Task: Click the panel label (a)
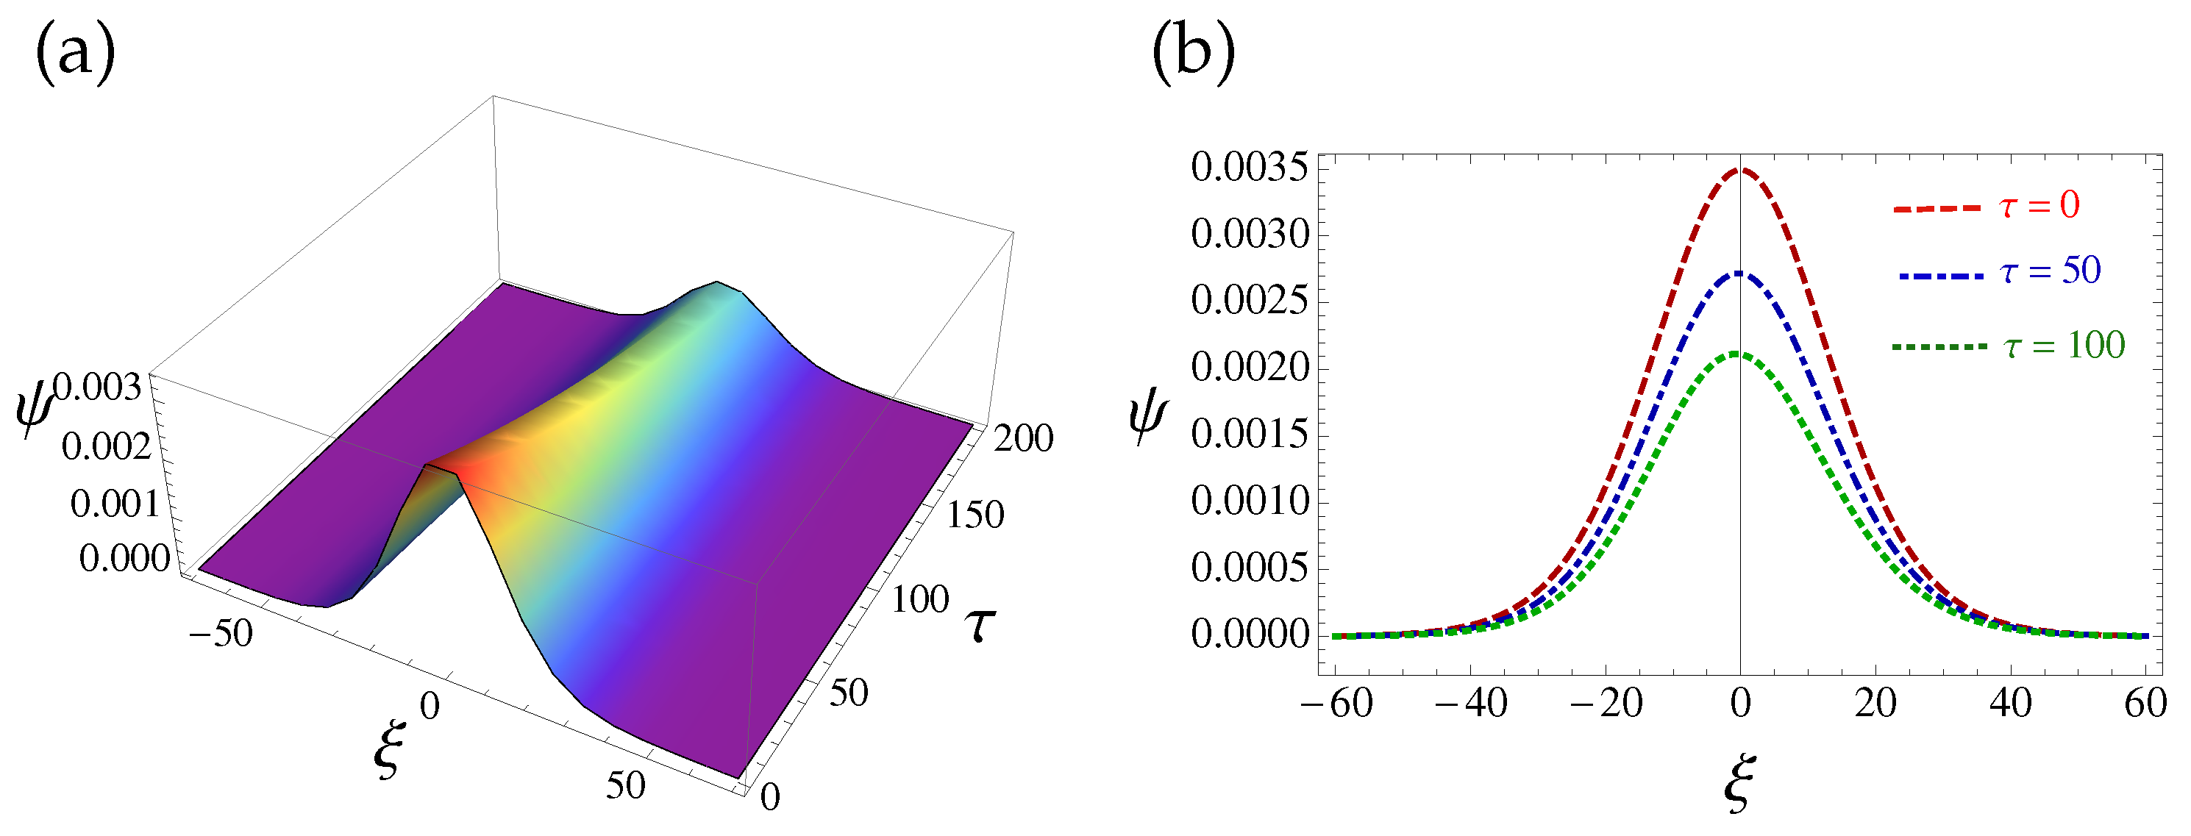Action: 75,54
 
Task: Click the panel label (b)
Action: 1192,54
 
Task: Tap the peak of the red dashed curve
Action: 1740,170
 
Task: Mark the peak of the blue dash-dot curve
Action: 1740,274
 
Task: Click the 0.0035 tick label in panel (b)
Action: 1249,168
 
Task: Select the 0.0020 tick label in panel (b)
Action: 1249,368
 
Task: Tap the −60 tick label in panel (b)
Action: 1337,704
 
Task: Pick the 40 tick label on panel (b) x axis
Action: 2011,704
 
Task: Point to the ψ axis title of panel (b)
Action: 1148,418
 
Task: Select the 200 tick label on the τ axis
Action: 1023,439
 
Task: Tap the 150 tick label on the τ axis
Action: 975,515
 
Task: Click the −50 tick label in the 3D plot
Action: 221,634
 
